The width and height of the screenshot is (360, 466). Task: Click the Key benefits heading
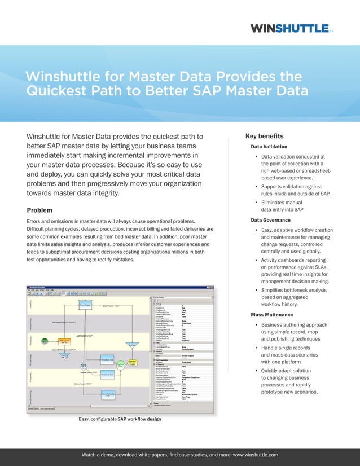pyautogui.click(x=268, y=136)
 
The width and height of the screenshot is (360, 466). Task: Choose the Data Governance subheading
pyautogui.click(x=275, y=219)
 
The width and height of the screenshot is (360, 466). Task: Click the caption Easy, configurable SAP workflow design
pyautogui.click(x=120, y=419)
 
